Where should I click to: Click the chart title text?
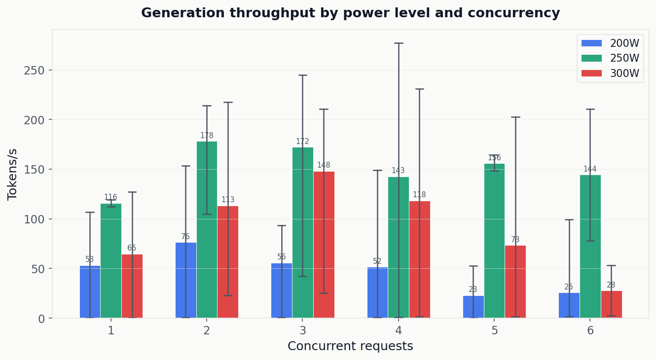[x=350, y=13]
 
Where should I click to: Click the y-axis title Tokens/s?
[x=13, y=174]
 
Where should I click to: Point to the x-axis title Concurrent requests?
[x=350, y=346]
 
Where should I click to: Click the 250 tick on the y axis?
[x=34, y=71]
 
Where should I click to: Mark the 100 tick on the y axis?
[x=34, y=219]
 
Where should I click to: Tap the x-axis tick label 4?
[x=399, y=331]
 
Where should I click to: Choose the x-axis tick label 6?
[x=590, y=331]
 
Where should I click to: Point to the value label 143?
[x=398, y=171]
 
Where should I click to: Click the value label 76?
[x=185, y=237]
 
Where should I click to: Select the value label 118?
[x=419, y=195]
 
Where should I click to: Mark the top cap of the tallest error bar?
[x=399, y=43]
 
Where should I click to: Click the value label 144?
[x=590, y=169]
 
